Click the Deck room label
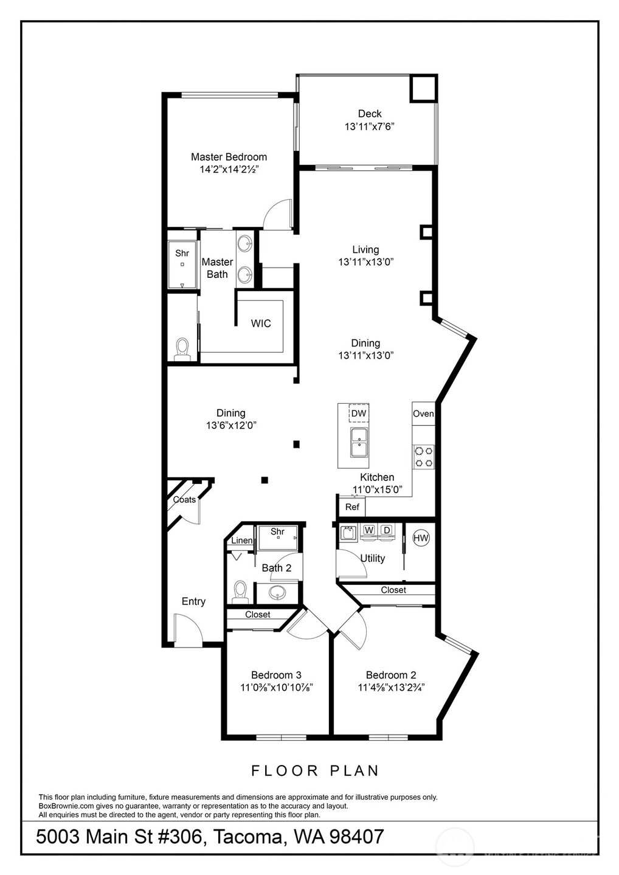coord(370,114)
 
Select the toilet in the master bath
coord(182,349)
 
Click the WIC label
coord(261,323)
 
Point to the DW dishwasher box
coord(359,413)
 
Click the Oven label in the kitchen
coord(423,413)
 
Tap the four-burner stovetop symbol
coord(424,457)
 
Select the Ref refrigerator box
coord(352,507)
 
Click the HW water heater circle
coord(421,538)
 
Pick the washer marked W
coord(369,530)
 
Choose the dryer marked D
coord(387,530)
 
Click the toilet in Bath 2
coord(240,593)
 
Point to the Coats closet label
coord(184,499)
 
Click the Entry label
coord(193,601)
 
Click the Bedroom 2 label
coord(391,674)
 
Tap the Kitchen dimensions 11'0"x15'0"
coord(377,489)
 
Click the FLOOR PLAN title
coord(315,770)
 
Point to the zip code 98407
coord(356,836)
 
